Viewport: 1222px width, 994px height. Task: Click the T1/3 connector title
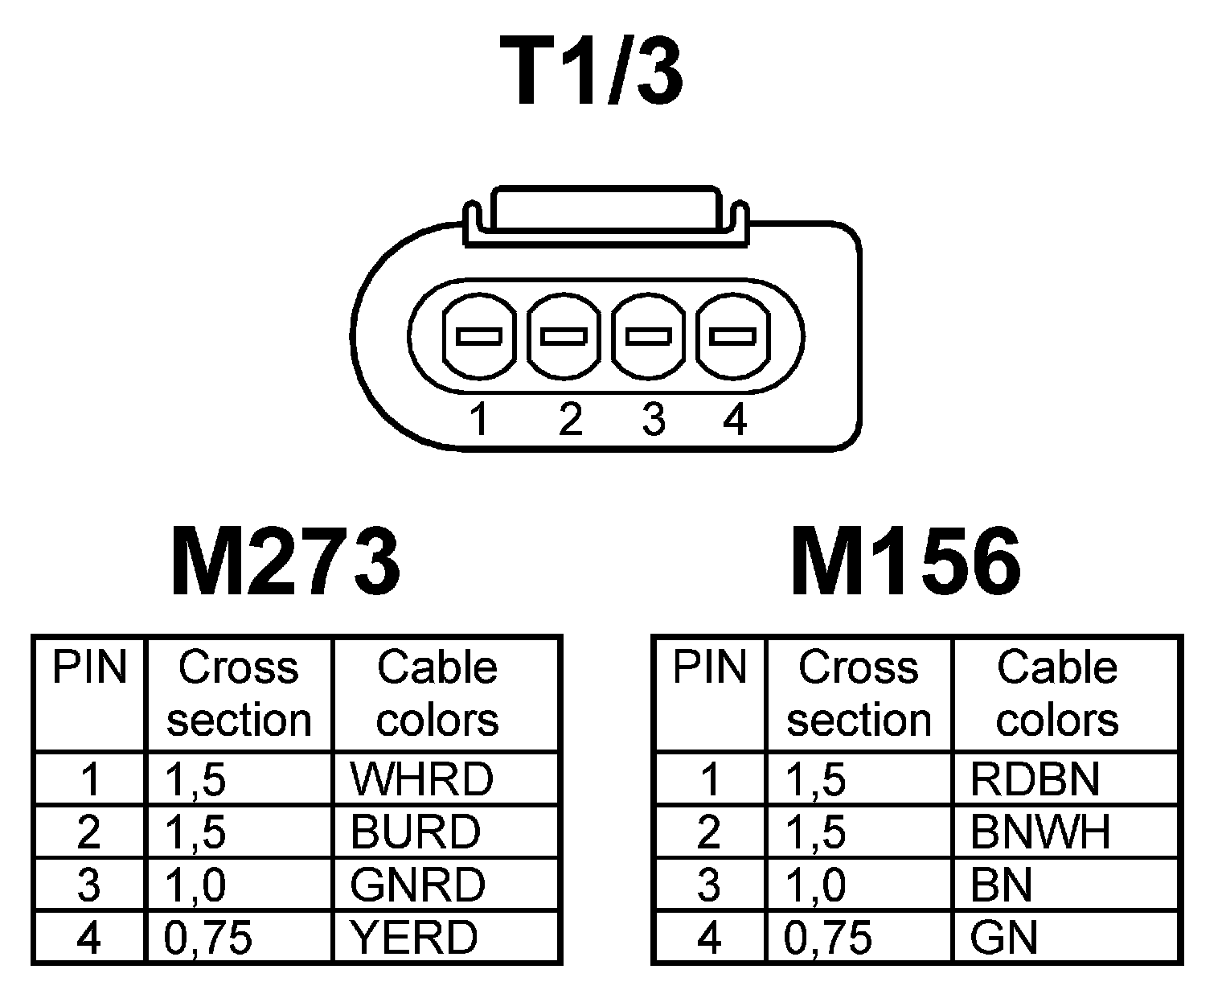coord(592,72)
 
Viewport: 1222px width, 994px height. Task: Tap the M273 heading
coord(285,562)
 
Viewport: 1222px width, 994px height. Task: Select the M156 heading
coord(905,562)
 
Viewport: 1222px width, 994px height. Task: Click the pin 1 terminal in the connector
coord(479,335)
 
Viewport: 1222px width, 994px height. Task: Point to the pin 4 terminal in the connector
coord(732,335)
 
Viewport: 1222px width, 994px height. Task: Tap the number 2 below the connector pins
coord(569,420)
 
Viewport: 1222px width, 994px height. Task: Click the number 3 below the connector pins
coord(654,420)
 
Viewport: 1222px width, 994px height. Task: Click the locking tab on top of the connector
coord(605,212)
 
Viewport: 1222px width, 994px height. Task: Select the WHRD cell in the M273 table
coord(421,778)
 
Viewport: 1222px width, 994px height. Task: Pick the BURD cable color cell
coord(415,832)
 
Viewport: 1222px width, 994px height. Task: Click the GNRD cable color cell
coord(417,885)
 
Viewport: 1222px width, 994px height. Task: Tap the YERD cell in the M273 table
coord(413,937)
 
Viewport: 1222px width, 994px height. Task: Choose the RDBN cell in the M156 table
coord(1035,778)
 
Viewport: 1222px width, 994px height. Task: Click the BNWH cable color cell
coord(1040,832)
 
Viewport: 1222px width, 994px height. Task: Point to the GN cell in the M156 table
coord(1004,937)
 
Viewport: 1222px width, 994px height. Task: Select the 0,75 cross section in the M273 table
coord(208,937)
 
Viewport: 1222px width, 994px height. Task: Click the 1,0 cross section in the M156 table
coord(815,885)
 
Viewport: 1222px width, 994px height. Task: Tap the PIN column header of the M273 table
coord(89,667)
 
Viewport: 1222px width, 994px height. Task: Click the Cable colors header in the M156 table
coord(1057,693)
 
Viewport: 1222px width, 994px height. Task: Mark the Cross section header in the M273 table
coord(239,693)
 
